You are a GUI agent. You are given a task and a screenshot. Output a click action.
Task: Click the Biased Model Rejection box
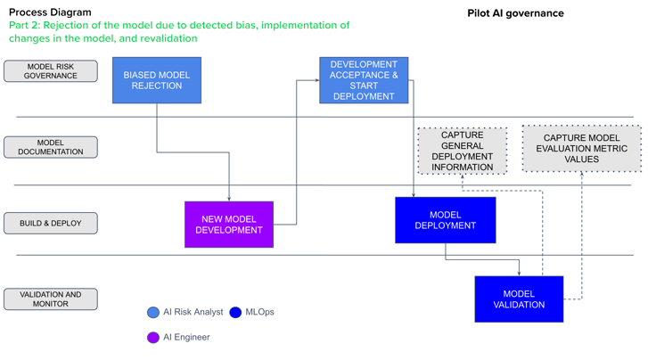[157, 80]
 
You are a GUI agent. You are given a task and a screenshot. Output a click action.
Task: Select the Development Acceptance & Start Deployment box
[364, 80]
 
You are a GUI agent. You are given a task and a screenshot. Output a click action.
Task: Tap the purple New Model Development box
[229, 225]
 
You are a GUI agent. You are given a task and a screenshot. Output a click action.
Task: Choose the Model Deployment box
[445, 220]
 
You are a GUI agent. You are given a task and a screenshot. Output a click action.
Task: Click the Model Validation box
[519, 299]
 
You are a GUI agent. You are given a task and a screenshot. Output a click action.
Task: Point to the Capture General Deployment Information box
[463, 151]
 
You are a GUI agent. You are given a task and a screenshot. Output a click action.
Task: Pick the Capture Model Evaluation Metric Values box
[581, 149]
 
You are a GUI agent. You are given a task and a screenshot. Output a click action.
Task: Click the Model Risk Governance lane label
[51, 71]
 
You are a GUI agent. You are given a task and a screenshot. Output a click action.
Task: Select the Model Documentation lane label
[51, 147]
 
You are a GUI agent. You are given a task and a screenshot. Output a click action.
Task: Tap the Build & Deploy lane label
[51, 224]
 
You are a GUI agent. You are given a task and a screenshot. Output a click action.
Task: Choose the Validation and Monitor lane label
[51, 299]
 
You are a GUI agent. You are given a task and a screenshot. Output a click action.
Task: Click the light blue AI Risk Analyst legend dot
[153, 312]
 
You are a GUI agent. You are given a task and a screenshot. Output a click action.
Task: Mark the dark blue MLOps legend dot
[235, 312]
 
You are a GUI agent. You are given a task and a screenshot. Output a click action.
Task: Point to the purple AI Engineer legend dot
[153, 338]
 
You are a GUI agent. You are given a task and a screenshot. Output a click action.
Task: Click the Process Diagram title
[50, 12]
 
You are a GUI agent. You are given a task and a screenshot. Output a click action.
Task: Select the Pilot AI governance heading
[515, 13]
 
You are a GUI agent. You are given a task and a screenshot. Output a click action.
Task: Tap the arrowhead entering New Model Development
[229, 198]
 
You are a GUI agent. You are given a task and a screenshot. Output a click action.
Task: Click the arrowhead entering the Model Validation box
[519, 272]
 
